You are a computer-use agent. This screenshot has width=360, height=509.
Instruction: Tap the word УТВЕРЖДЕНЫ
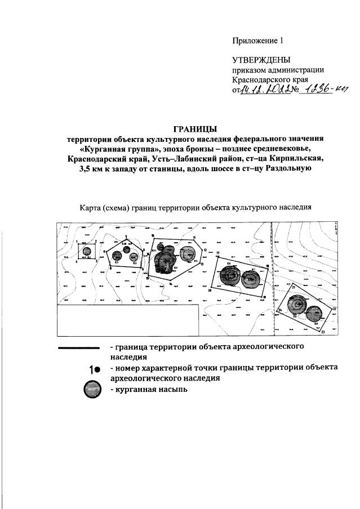(x=262, y=60)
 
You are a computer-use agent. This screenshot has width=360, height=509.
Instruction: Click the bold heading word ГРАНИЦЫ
(x=195, y=129)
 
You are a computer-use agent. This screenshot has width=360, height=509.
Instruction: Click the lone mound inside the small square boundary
(x=86, y=252)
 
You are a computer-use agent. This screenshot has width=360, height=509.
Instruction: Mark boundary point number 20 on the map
(x=210, y=291)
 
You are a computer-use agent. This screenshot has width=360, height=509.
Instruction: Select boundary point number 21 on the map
(x=294, y=288)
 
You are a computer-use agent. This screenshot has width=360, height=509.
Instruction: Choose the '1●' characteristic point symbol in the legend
(x=94, y=369)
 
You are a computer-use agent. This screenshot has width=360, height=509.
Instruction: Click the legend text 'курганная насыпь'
(x=148, y=389)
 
